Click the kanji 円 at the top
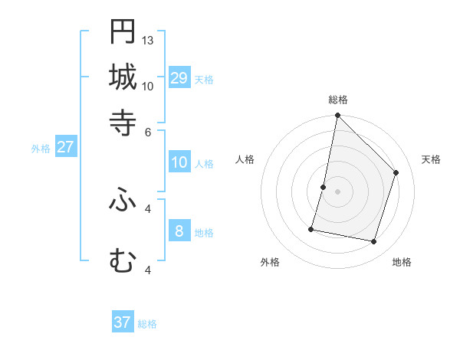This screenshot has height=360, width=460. click(x=123, y=33)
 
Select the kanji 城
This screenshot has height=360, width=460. click(x=123, y=77)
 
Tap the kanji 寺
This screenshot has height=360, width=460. click(x=123, y=123)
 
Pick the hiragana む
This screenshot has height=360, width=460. click(x=123, y=262)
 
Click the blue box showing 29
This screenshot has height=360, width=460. click(x=179, y=78)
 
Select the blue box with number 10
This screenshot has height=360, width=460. click(x=179, y=162)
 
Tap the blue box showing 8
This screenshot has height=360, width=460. click(x=179, y=231)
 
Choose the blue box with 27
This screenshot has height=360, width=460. click(x=65, y=147)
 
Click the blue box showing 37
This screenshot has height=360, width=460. click(x=123, y=322)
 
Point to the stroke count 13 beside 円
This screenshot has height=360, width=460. click(x=148, y=40)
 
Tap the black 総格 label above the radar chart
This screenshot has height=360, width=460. click(x=338, y=100)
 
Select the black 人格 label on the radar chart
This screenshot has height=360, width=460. click(x=245, y=159)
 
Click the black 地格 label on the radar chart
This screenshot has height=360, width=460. click(x=402, y=262)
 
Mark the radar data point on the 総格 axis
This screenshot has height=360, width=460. click(x=337, y=115)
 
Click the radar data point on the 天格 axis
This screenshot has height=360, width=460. click(x=396, y=172)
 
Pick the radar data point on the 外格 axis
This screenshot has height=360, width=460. click(x=312, y=228)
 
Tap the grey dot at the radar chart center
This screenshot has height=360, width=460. click(x=337, y=191)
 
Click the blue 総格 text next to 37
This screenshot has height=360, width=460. click(x=147, y=324)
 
